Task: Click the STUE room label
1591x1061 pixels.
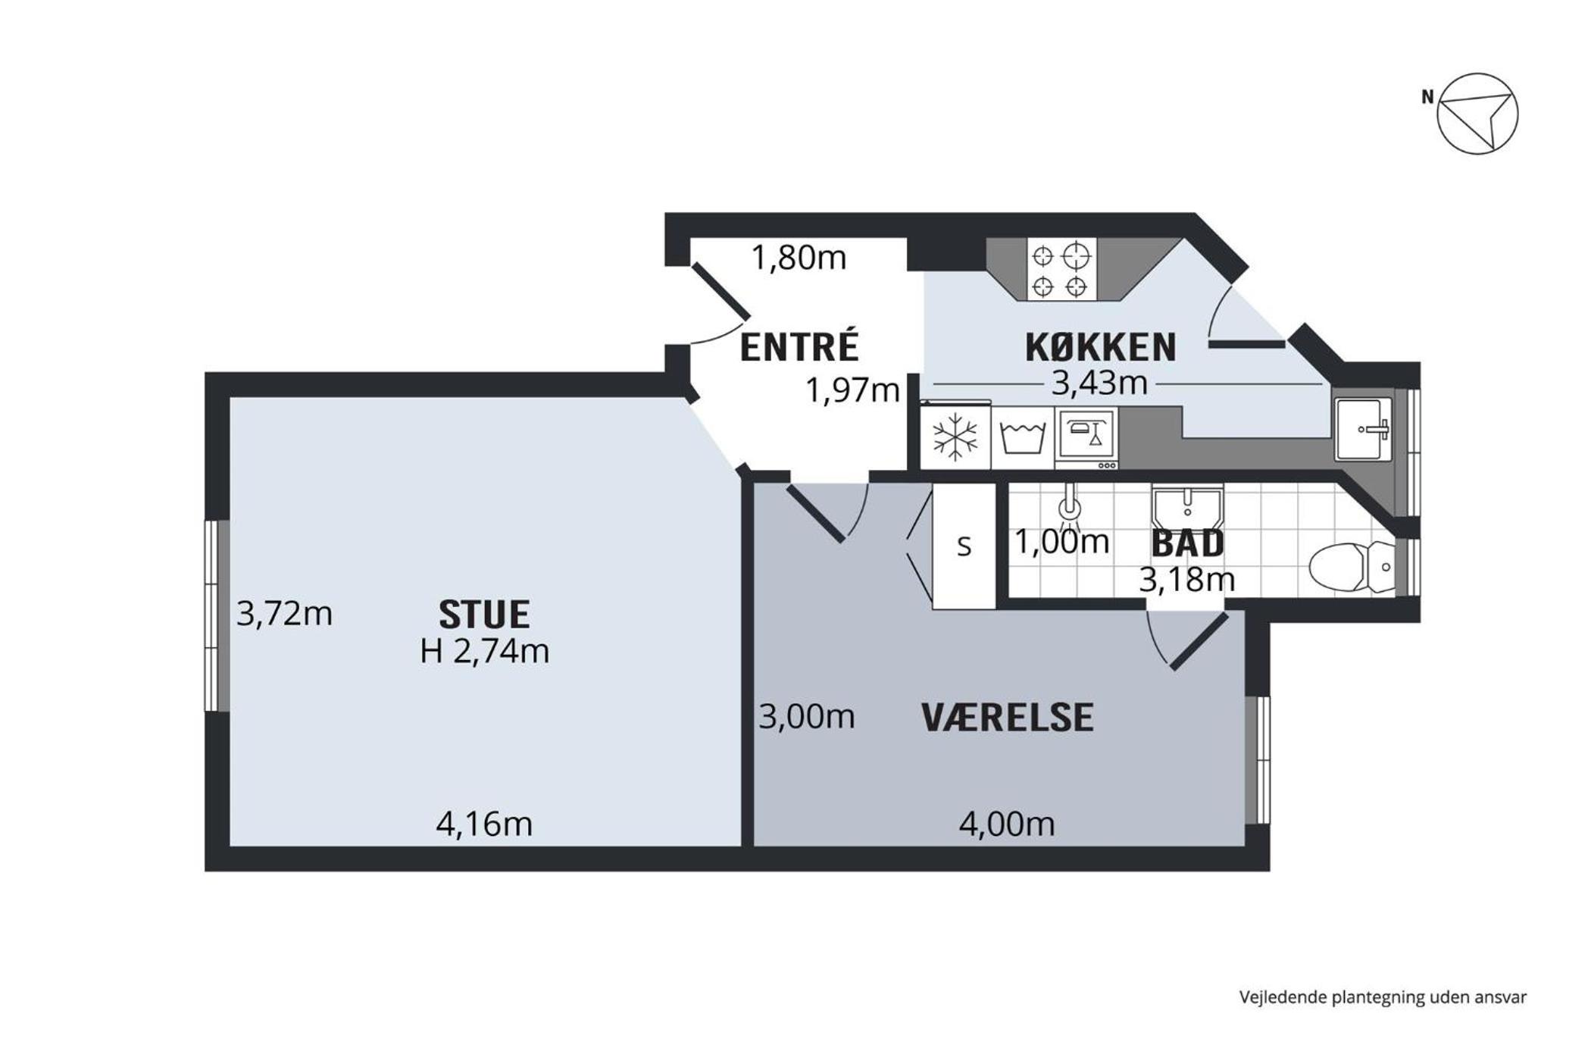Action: click(x=484, y=615)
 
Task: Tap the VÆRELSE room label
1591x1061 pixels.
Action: click(x=1008, y=718)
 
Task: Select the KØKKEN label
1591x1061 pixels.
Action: click(x=1101, y=347)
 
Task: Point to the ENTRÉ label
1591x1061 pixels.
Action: click(x=799, y=346)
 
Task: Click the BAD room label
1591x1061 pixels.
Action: click(x=1188, y=543)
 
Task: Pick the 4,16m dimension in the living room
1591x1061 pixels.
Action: click(x=484, y=824)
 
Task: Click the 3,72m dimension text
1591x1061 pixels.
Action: click(x=285, y=613)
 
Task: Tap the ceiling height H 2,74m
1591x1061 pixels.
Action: click(x=485, y=651)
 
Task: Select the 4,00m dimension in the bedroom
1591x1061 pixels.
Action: click(x=1007, y=824)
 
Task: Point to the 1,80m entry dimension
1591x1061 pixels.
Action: click(x=799, y=258)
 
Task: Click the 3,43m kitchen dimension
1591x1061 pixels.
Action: click(x=1099, y=383)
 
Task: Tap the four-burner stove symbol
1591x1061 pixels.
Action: click(x=1061, y=269)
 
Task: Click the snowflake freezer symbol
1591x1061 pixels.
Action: click(x=955, y=437)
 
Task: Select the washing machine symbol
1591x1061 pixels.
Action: click(x=1023, y=437)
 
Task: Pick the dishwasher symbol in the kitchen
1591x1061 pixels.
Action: click(x=1086, y=438)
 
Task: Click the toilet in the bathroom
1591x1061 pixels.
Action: click(x=1352, y=567)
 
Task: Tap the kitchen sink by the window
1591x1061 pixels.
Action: click(x=1363, y=430)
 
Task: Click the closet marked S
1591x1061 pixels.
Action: click(x=964, y=546)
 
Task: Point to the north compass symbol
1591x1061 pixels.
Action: click(x=1477, y=114)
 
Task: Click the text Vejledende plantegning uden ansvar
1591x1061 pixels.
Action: click(x=1383, y=997)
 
